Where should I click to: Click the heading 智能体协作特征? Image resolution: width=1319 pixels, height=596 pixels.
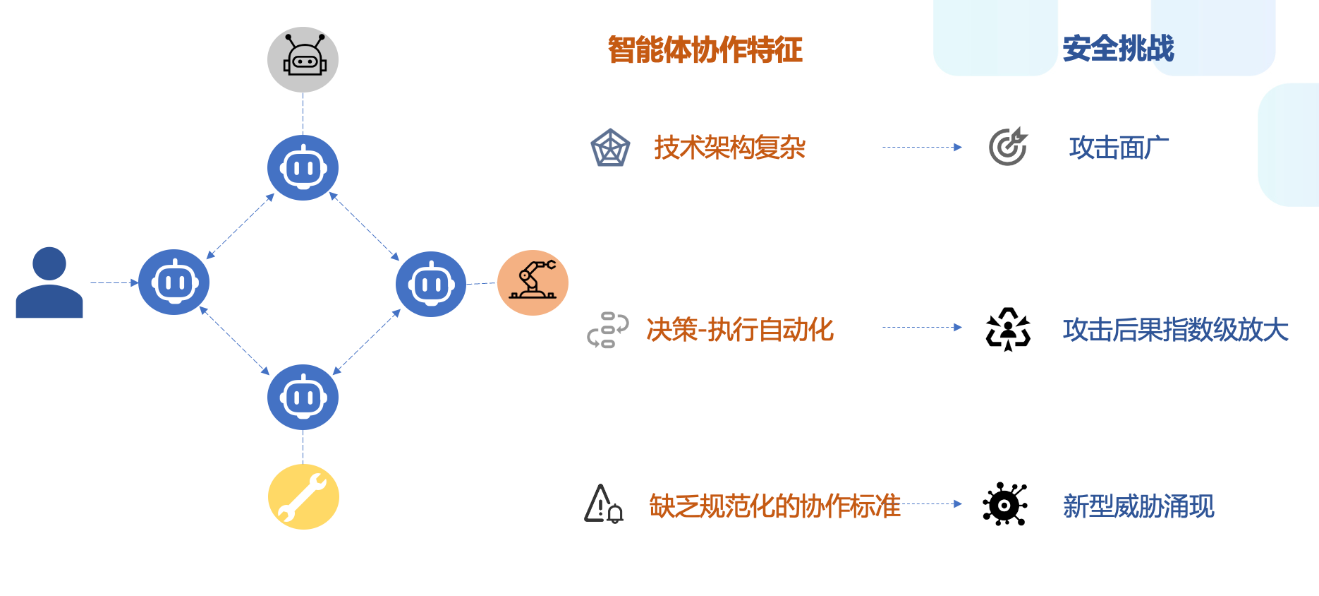click(705, 50)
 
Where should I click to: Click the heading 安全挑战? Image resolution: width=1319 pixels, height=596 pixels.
click(1118, 49)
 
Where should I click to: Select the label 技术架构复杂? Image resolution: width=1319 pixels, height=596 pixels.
click(729, 148)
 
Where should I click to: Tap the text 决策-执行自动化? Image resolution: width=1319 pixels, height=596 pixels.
click(740, 330)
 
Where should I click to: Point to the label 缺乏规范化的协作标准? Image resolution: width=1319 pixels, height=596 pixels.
click(774, 506)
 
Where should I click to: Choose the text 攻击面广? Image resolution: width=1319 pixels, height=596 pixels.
click(1119, 148)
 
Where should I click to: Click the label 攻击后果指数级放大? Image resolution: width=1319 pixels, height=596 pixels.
click(1176, 330)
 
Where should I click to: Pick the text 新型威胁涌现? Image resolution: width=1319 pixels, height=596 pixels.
click(1138, 506)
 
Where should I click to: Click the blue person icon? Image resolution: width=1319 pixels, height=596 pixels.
click(49, 282)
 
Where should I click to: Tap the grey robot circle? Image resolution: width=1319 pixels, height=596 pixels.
click(303, 59)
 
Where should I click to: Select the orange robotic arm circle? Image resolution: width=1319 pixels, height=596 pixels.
click(533, 282)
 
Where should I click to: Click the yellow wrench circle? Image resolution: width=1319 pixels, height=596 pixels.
click(303, 496)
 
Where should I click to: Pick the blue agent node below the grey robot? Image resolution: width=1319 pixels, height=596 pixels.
click(303, 168)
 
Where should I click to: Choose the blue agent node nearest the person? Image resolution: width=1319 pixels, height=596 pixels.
click(174, 282)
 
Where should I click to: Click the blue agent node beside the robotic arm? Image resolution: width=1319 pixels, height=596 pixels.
click(431, 284)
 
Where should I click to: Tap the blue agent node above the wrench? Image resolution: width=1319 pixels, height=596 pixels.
click(303, 398)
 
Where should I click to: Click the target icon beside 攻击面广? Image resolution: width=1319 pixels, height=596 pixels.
click(1008, 147)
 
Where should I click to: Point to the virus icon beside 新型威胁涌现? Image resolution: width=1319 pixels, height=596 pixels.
click(1005, 505)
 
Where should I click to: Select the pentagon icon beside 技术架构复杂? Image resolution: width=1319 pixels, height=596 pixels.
click(610, 148)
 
